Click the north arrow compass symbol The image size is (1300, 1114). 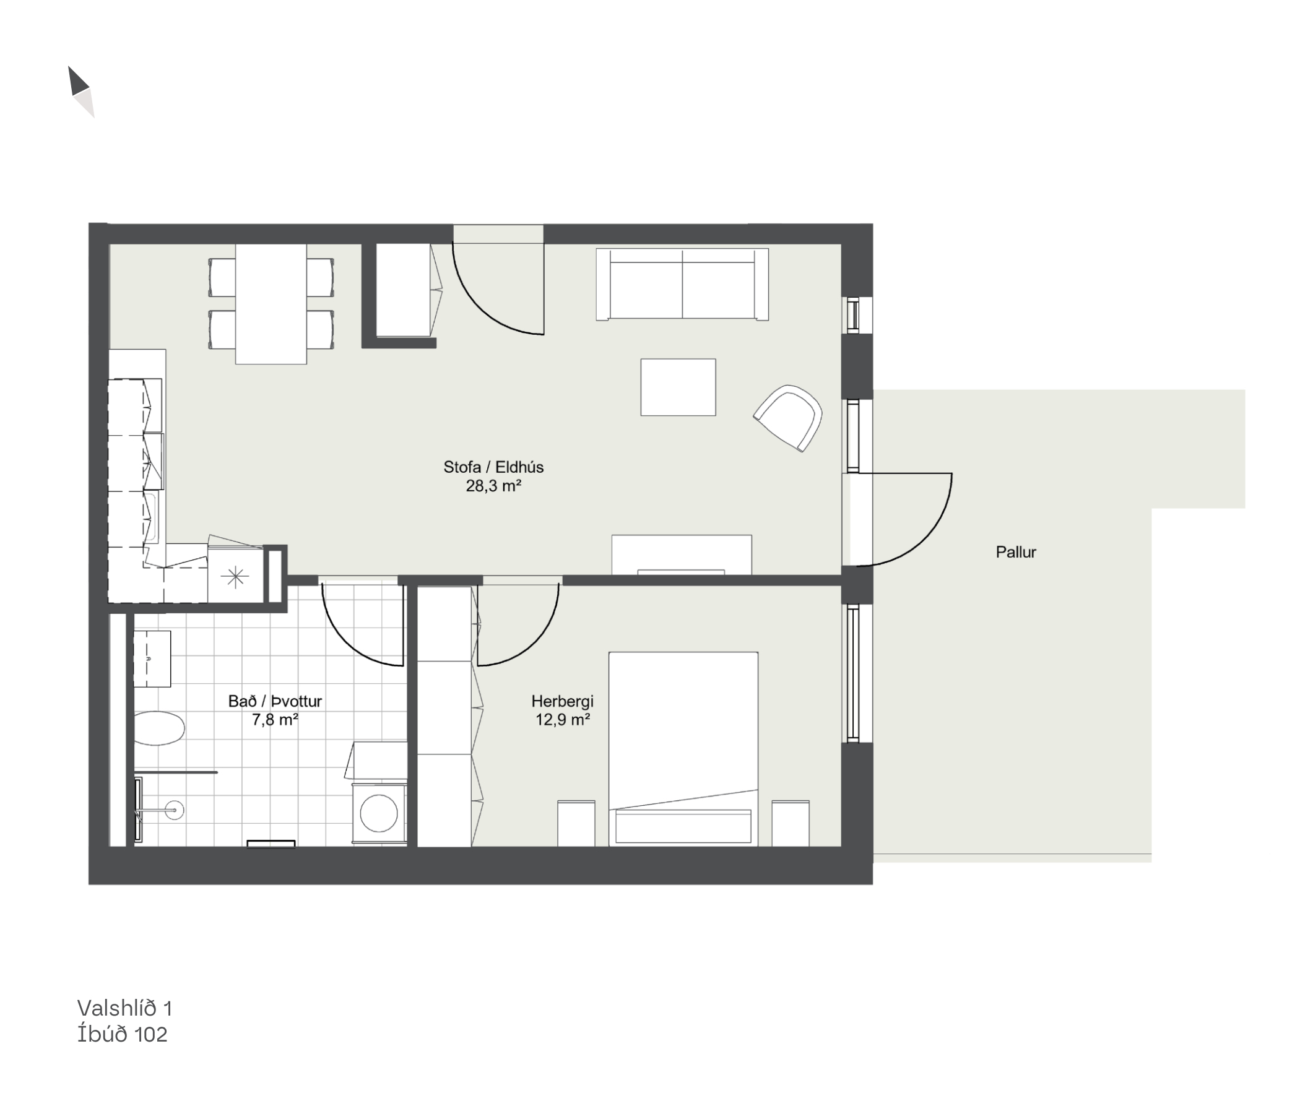(x=81, y=92)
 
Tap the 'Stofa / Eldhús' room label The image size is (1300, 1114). (x=493, y=467)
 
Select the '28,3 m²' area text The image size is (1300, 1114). (x=493, y=486)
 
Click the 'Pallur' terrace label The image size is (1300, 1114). (x=1016, y=553)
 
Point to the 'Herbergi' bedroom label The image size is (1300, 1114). (x=562, y=702)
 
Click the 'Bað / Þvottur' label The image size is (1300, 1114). (x=275, y=702)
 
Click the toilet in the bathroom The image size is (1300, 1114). (x=159, y=728)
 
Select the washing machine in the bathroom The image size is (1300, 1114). (x=379, y=814)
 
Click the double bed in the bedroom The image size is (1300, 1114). (x=683, y=749)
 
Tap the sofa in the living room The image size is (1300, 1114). (x=682, y=285)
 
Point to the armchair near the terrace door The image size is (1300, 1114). (x=789, y=418)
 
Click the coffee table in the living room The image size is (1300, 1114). (x=678, y=387)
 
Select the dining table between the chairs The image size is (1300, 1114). (x=271, y=304)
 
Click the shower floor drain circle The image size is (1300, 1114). (x=175, y=810)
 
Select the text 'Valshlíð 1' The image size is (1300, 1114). (x=125, y=1008)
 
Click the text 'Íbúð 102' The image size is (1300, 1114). (x=123, y=1034)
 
